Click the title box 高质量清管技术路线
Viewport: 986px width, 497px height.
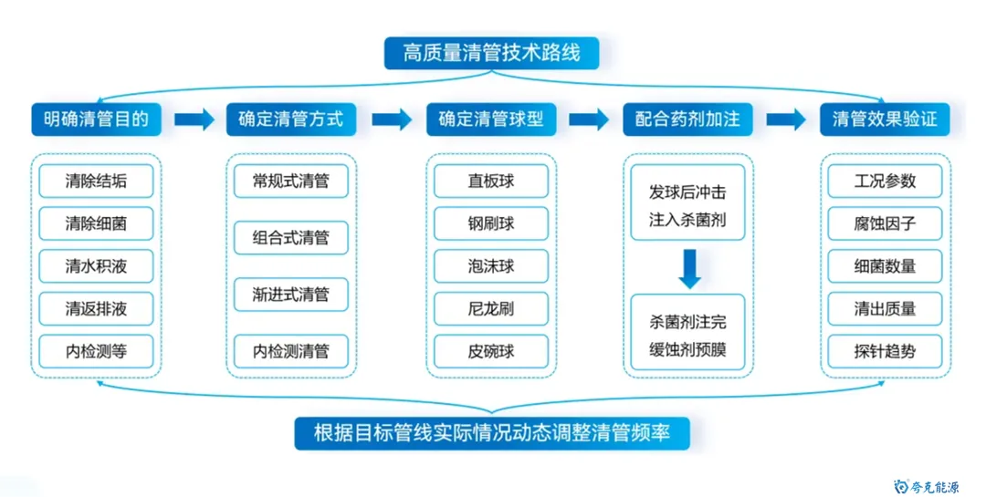[x=492, y=52]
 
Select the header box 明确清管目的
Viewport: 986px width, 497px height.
[x=96, y=119]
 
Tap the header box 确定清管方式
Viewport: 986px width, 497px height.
[x=291, y=119]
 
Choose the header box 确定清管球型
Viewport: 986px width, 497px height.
[x=491, y=119]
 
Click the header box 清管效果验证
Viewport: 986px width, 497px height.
[x=885, y=119]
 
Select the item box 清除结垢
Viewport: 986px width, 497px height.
[x=96, y=181]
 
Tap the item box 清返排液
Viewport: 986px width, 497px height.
[x=96, y=309]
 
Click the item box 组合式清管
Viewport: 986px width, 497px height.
[x=291, y=238]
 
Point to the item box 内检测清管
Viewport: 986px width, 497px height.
[x=291, y=351]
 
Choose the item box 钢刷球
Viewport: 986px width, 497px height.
[x=491, y=223]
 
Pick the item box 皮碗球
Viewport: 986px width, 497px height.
[x=491, y=351]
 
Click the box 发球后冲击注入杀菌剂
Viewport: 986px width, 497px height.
[x=688, y=207]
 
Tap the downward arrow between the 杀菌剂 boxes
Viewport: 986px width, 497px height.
[x=688, y=268]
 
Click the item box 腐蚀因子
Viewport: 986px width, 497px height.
[x=885, y=223]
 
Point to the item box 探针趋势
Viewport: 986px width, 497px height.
[x=885, y=351]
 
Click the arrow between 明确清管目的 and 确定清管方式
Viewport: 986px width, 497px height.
[x=193, y=119]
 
